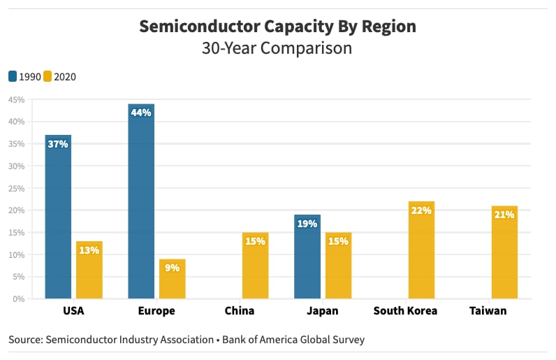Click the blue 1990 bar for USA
(58, 217)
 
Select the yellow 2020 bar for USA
(89, 270)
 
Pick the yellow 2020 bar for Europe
(172, 279)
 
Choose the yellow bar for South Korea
(421, 250)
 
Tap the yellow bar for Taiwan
(504, 252)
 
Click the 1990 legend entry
(24, 77)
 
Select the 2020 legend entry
(59, 77)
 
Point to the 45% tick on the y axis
(16, 100)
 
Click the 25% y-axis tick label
(16, 189)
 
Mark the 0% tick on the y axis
(19, 299)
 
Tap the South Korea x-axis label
(405, 311)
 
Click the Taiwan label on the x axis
(488, 311)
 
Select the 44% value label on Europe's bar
(140, 113)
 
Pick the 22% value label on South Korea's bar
(421, 210)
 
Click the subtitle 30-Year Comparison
(277, 49)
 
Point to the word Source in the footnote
(25, 340)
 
